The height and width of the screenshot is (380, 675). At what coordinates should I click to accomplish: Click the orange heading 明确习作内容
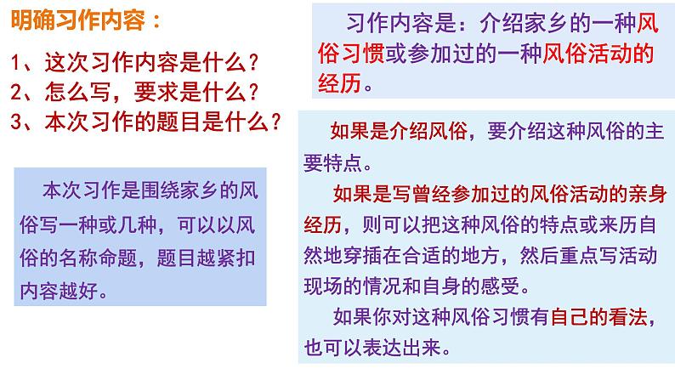point(78,20)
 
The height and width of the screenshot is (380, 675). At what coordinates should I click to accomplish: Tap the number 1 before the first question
point(15,63)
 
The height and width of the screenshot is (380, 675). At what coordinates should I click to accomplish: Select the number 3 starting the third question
point(15,122)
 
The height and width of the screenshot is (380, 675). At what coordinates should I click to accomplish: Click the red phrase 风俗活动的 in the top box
point(598,54)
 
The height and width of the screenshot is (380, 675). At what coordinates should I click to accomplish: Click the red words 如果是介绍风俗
point(399,131)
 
